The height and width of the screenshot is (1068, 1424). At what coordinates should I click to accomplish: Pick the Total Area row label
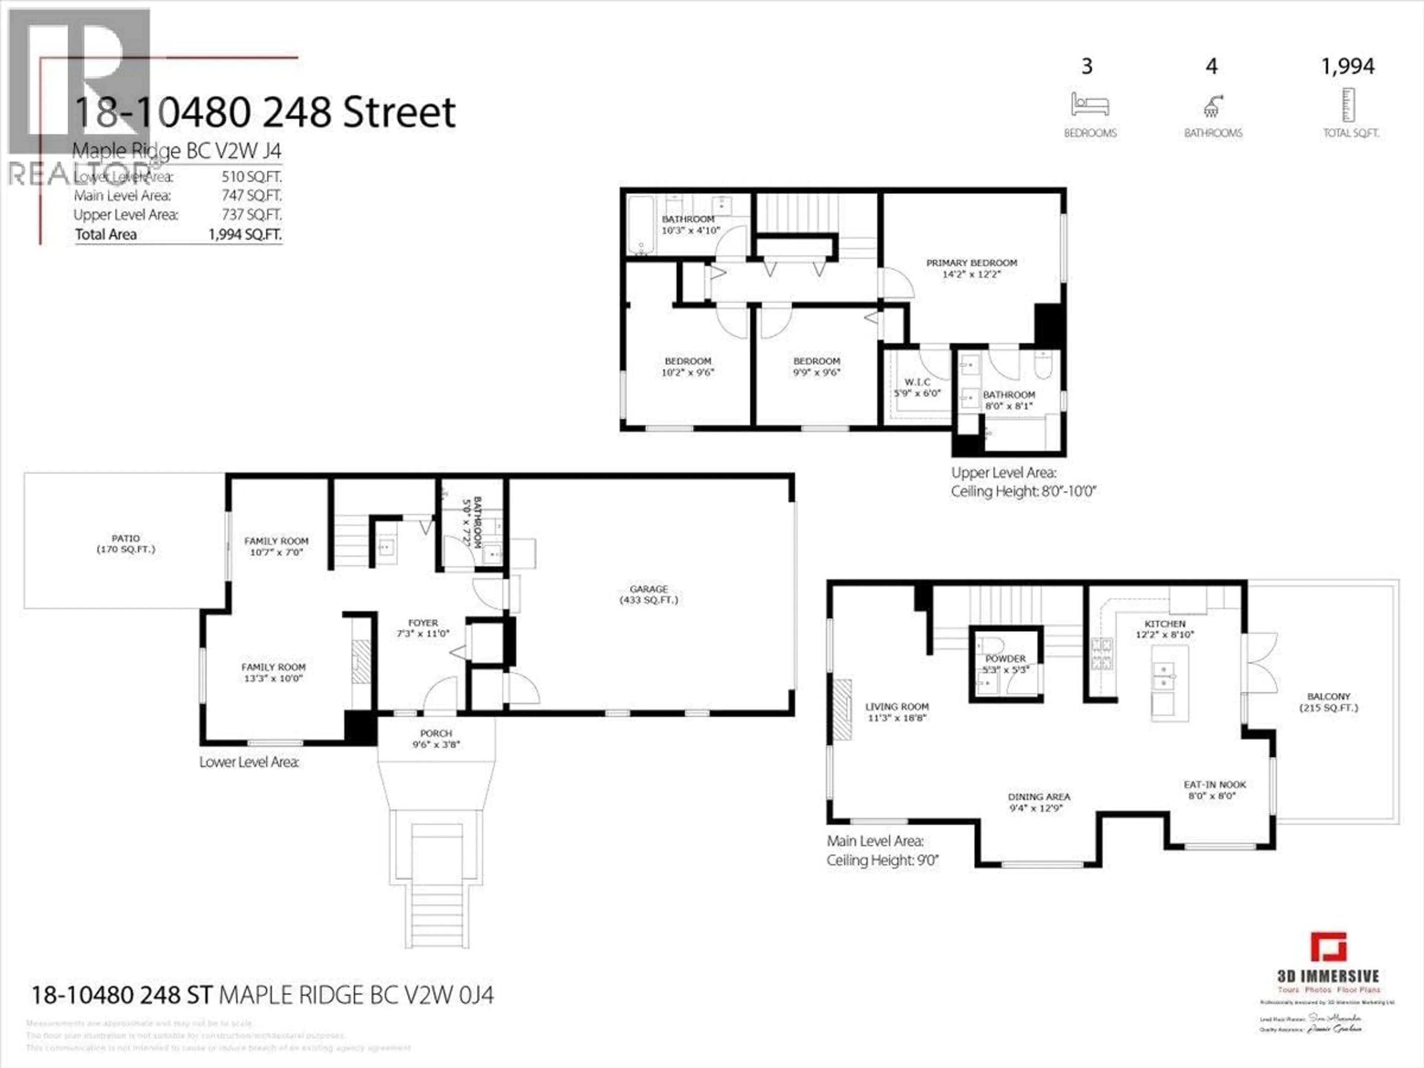pyautogui.click(x=106, y=234)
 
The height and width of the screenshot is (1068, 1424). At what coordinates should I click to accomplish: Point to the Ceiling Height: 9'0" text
pyautogui.click(x=883, y=860)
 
